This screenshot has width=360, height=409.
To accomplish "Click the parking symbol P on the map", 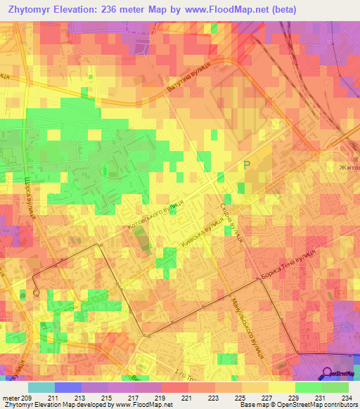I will pos(246,165).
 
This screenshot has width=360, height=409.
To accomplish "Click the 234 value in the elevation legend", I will pos(345,398).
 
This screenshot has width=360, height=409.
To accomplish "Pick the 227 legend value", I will pos(259,398).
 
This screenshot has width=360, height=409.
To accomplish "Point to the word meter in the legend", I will pos(11,398).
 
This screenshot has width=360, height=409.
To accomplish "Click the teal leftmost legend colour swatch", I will pos(41,387).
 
